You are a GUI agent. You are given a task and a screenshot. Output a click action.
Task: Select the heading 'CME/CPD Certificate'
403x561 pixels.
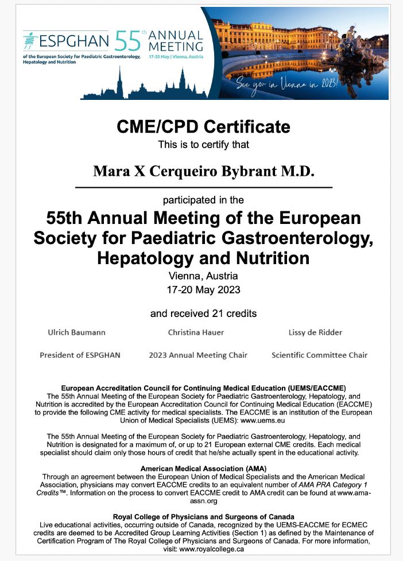pyautogui.click(x=204, y=127)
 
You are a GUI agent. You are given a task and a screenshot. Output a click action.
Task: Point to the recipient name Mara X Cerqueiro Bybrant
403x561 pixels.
pyautogui.click(x=204, y=172)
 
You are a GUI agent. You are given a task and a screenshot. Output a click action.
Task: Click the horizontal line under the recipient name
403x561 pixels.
pyautogui.click(x=204, y=188)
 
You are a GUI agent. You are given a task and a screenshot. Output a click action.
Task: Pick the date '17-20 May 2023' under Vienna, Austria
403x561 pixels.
pyautogui.click(x=204, y=289)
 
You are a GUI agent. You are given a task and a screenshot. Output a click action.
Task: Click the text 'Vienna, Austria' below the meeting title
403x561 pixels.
pyautogui.click(x=204, y=276)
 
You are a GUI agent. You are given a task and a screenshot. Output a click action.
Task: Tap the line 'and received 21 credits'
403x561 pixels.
pyautogui.click(x=204, y=314)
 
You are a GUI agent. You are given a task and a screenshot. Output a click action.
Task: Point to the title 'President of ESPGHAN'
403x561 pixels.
pyautogui.click(x=80, y=355)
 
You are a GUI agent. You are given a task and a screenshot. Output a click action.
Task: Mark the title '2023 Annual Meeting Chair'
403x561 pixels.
pyautogui.click(x=198, y=355)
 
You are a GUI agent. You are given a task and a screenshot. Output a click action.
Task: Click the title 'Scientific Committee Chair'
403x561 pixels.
pyautogui.click(x=319, y=355)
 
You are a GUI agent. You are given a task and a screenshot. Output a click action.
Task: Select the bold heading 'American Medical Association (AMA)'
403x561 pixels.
pyautogui.click(x=204, y=469)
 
